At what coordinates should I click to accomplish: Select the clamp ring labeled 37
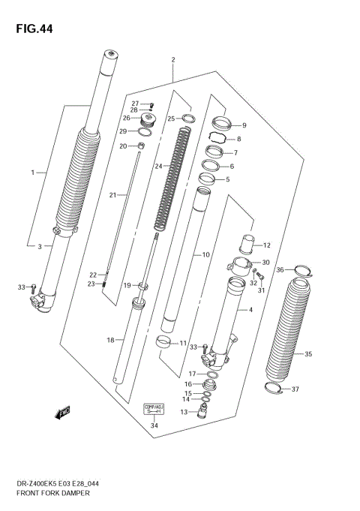click(276, 388)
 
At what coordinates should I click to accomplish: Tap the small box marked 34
click(153, 410)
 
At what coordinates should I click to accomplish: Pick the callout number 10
click(205, 255)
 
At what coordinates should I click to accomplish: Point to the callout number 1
click(33, 173)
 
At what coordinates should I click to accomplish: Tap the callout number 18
click(109, 340)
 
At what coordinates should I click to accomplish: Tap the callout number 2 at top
click(172, 59)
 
